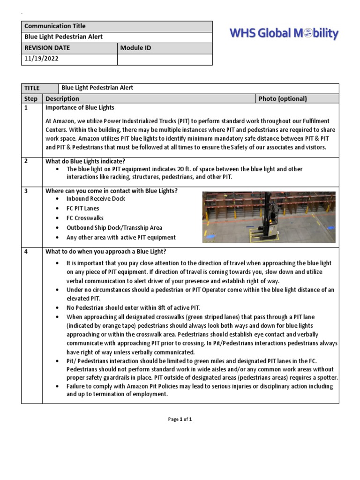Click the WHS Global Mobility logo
click(x=283, y=34)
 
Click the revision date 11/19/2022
click(x=42, y=60)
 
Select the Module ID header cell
click(x=135, y=48)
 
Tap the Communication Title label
click(x=55, y=26)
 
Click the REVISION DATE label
click(x=46, y=48)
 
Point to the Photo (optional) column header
click(x=283, y=98)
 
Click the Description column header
click(x=62, y=98)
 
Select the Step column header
click(x=31, y=98)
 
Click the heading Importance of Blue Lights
click(x=80, y=108)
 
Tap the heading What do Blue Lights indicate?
click(x=85, y=161)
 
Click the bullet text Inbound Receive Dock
click(x=96, y=199)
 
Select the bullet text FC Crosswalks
click(x=85, y=218)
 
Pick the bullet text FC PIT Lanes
click(x=83, y=208)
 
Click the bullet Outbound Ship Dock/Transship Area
click(x=114, y=228)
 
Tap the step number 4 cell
click(x=26, y=251)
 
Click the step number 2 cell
click(x=26, y=161)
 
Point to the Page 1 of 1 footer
click(x=180, y=419)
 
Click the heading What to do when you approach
click(x=105, y=251)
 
